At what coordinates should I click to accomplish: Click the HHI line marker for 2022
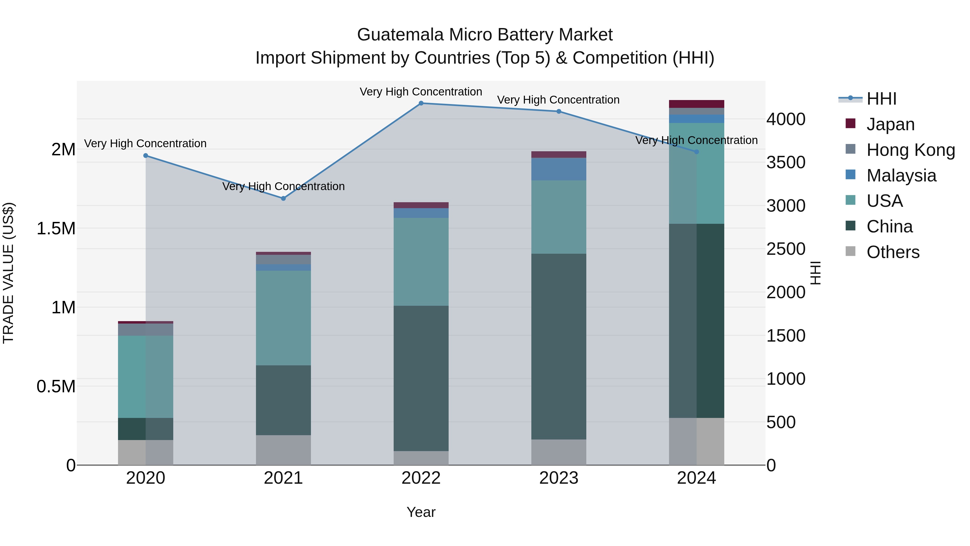(421, 103)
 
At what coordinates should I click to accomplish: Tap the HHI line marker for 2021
(283, 198)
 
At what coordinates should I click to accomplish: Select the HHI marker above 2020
(146, 156)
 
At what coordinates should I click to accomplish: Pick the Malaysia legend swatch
(850, 175)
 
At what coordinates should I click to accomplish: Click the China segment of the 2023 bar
(559, 347)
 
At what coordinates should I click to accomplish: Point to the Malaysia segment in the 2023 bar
(559, 169)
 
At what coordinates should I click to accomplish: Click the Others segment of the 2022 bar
(421, 458)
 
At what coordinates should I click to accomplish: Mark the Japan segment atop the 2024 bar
(696, 104)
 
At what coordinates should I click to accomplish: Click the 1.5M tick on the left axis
(56, 229)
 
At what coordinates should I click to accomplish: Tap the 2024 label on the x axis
(696, 478)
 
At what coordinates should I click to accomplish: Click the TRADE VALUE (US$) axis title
(9, 273)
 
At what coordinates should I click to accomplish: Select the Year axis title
(421, 513)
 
